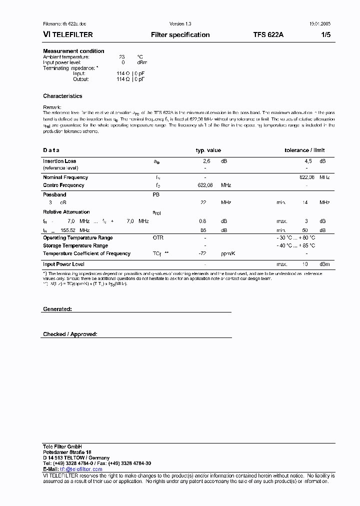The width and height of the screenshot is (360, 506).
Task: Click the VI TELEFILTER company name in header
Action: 68,35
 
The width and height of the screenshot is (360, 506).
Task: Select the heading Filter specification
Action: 180,35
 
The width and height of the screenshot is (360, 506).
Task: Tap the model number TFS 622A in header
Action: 268,35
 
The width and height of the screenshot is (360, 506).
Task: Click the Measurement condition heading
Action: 73,51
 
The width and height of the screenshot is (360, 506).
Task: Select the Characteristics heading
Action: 62,96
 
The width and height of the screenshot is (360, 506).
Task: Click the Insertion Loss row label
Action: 59,161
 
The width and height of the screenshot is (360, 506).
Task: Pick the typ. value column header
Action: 208,150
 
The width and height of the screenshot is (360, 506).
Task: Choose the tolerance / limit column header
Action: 304,150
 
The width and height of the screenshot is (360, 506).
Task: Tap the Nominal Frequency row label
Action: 65,177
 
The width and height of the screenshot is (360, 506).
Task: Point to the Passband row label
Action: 54,194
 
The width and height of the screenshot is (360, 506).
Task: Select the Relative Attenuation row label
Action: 66,212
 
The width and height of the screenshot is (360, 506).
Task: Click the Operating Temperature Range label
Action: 78,238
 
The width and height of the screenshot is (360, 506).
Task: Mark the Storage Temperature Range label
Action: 75,245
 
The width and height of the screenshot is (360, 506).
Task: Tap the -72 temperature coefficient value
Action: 202,253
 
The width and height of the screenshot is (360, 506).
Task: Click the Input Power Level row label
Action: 63,264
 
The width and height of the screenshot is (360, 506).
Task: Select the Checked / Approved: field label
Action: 70,334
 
